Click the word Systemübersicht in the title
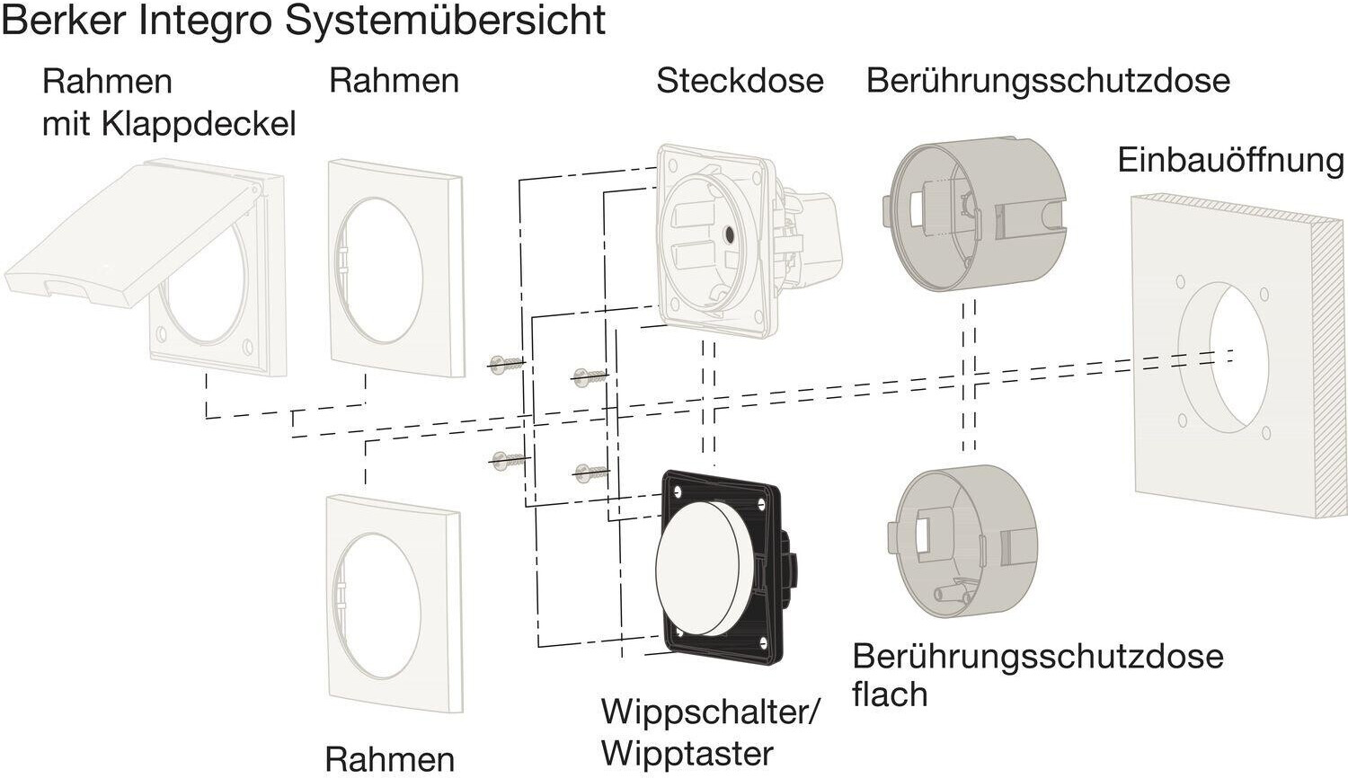pos(445,20)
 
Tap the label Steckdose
pos(740,81)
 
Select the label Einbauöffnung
pos(1230,161)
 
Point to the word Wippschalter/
pos(710,712)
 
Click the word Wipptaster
pos(687,753)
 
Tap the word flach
pos(890,694)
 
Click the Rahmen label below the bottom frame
pos(389,759)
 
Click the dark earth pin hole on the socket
pos(727,237)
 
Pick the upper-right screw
pos(590,376)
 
